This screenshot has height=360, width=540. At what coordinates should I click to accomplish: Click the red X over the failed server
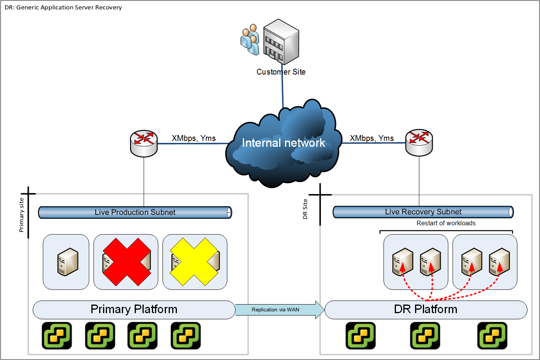pos(127,262)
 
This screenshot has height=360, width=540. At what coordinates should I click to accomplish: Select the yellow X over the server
pos(194,262)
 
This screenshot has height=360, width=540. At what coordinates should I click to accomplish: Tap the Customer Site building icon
pos(281,42)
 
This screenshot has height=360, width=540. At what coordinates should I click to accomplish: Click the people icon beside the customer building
pos(250,40)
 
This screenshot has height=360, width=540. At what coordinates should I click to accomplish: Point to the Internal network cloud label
pos(283,143)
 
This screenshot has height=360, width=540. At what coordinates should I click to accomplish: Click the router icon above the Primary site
pos(144,143)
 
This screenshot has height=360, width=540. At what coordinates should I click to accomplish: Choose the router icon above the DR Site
pos(419,143)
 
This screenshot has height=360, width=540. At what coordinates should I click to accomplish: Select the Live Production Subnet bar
pos(135,212)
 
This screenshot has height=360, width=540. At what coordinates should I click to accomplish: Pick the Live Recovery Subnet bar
pos(423,212)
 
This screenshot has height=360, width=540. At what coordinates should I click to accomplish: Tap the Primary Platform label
pos(134,309)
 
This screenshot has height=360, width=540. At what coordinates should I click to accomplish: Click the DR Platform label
pos(426,309)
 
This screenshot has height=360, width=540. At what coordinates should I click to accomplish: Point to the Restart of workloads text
pos(446,223)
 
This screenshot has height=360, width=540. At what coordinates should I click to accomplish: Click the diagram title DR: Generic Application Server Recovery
pos(63,7)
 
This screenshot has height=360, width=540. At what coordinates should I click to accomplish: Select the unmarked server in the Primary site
pos(68,262)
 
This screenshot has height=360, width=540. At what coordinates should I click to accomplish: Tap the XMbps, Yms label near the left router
pos(194,138)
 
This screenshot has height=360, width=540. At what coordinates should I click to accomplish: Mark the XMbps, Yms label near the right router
pos(372,138)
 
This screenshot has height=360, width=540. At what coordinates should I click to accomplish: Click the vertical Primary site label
pos(21,215)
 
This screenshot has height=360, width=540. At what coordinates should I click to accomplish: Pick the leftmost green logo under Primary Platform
pos(57,335)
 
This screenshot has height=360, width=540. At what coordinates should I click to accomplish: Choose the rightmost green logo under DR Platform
pos(492,335)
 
